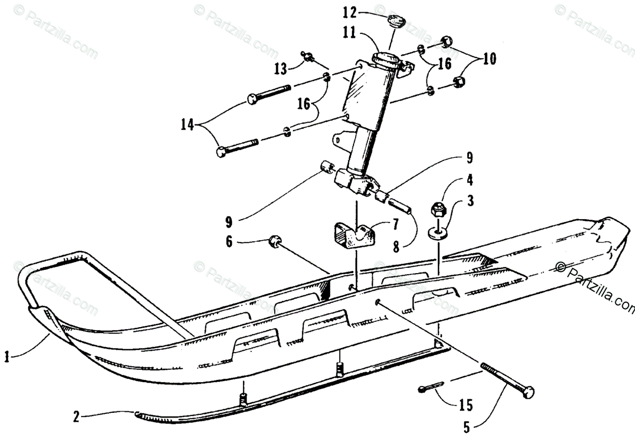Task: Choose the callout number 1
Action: coord(6,357)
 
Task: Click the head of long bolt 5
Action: coord(528,393)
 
